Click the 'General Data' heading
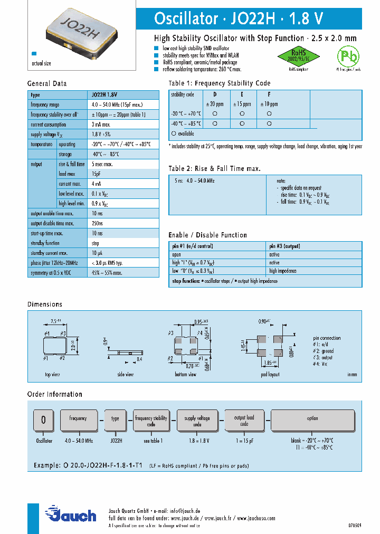point(47,84)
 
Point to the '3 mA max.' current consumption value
point(101,125)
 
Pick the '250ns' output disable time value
point(98,223)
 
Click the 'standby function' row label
point(45,243)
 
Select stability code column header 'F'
point(269,94)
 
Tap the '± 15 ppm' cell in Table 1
point(242,103)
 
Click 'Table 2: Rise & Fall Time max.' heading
point(215,169)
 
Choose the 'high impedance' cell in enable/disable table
point(283,271)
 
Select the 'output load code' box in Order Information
point(244,421)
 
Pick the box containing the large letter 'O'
point(44,420)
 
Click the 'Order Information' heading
point(55,394)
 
